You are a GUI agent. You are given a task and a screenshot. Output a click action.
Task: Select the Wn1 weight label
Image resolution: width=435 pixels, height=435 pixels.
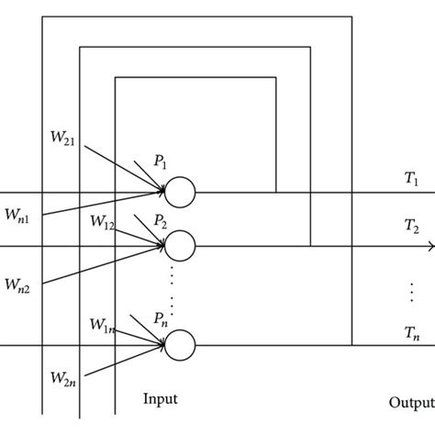click(x=20, y=218)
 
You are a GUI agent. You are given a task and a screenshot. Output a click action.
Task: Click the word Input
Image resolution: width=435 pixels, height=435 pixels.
click(x=160, y=399)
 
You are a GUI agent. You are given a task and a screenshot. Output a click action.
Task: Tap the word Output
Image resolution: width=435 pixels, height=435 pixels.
click(x=410, y=401)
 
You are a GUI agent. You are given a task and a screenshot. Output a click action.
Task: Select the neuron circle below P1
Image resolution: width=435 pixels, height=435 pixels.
click(x=180, y=192)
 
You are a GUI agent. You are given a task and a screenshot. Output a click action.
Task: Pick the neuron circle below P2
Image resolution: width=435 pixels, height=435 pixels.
click(x=180, y=246)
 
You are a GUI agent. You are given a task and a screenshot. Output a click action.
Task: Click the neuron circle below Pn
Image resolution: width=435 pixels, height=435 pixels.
click(x=180, y=345)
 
